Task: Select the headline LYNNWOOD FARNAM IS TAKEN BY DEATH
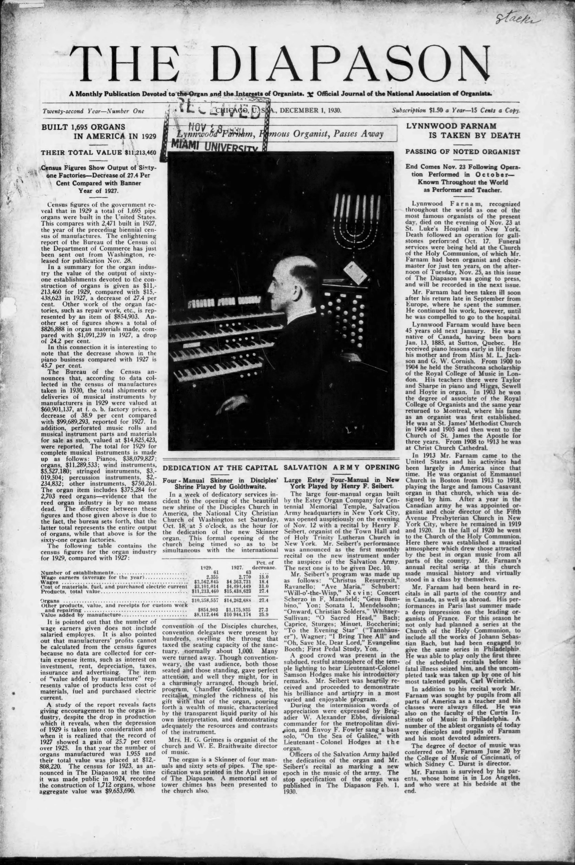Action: (463, 130)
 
